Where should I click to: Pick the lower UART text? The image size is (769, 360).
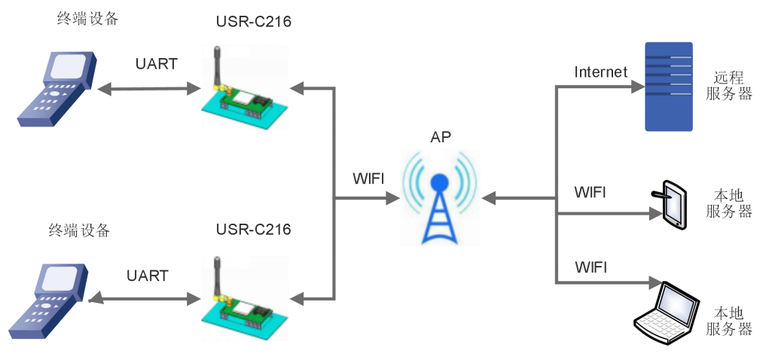tap(148, 276)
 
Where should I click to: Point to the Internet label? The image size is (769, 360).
tap(600, 72)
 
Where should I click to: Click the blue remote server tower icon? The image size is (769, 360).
tap(668, 86)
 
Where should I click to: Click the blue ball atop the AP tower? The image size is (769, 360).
tap(440, 183)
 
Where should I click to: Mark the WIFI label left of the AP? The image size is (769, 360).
tap(368, 179)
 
